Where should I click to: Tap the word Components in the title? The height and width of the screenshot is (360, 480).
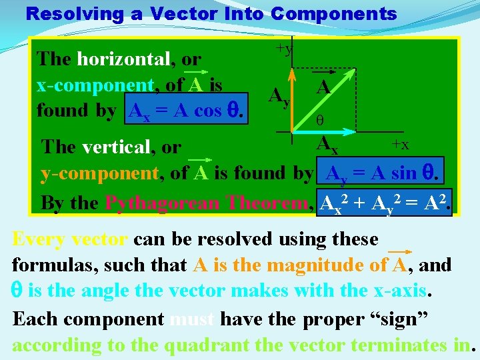pos(334,13)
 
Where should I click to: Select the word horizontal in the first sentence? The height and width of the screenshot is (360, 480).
pos(123,59)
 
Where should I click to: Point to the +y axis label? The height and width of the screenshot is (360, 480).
pos(285,49)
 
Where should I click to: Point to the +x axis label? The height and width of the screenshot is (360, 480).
pos(401,144)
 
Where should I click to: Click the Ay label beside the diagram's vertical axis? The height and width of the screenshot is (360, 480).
pos(279,97)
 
